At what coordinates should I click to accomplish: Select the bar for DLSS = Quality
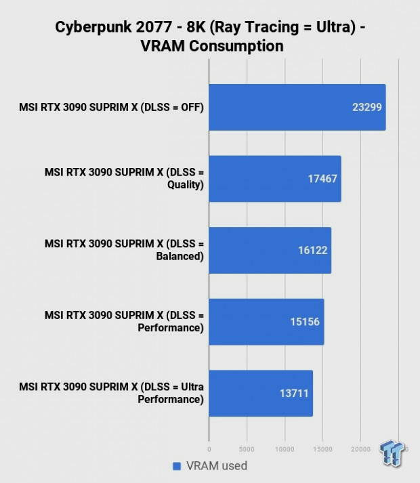click(274, 179)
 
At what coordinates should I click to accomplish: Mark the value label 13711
click(293, 393)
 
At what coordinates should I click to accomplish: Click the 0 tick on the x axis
click(209, 448)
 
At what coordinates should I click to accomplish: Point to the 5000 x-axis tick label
click(247, 448)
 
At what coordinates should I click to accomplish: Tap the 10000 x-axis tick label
click(285, 448)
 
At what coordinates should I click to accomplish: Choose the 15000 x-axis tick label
click(322, 448)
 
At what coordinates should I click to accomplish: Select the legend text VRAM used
click(217, 466)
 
